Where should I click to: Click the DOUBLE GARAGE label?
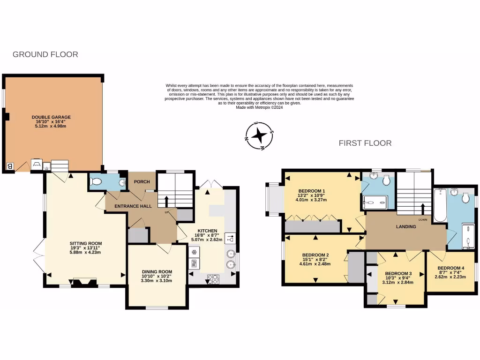click(52, 117)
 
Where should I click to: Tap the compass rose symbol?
click(259, 136)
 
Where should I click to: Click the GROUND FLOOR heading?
click(45, 54)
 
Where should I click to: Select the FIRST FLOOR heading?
click(365, 143)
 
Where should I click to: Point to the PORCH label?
click(142, 182)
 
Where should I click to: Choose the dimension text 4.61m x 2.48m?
click(315, 263)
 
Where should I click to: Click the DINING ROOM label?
click(157, 271)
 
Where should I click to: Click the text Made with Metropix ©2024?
click(259, 107)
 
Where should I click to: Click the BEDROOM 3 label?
click(398, 273)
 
